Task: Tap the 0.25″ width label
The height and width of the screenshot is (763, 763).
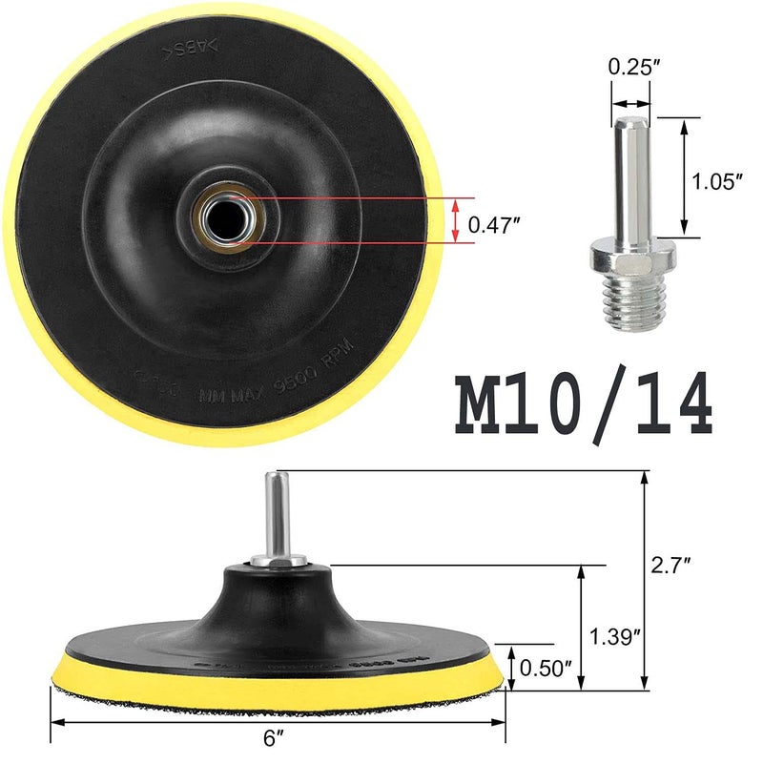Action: [629, 69]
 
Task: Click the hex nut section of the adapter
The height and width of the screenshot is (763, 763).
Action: [629, 256]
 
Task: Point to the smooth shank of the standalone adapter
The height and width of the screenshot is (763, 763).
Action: [629, 176]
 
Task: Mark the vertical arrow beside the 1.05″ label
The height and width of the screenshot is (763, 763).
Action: [685, 177]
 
